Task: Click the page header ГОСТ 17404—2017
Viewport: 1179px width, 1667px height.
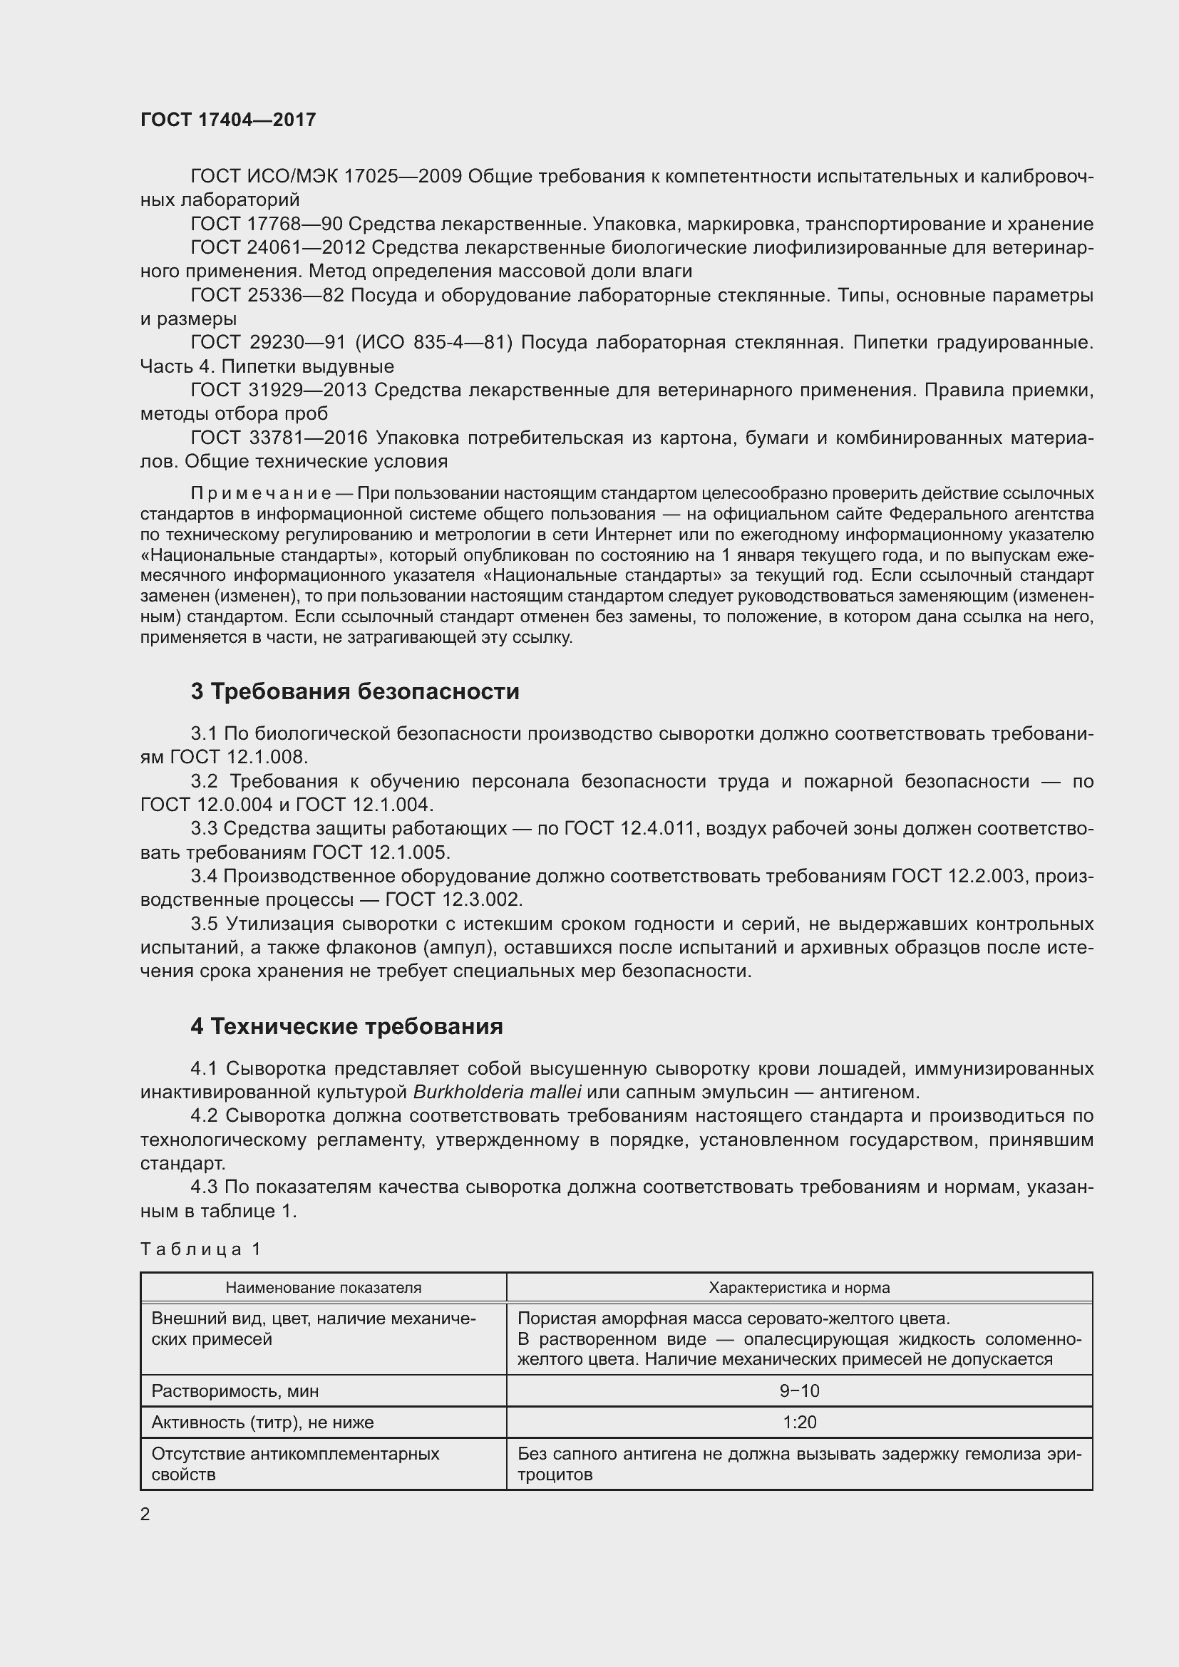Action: (228, 120)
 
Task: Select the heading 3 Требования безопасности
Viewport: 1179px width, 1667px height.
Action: (355, 691)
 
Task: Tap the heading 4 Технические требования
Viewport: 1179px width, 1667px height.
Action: (346, 1026)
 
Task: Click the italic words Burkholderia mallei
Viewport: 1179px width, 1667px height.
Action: (498, 1092)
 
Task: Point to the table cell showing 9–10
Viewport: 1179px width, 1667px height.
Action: (799, 1390)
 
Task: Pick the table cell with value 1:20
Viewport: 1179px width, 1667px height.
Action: (799, 1422)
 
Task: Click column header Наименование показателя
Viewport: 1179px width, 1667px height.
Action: (323, 1287)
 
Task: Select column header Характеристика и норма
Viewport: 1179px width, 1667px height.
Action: (799, 1287)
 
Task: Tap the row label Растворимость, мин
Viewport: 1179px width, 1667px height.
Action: (235, 1390)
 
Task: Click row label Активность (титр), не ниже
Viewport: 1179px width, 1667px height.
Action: (262, 1422)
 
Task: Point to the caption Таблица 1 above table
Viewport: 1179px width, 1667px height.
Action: (200, 1249)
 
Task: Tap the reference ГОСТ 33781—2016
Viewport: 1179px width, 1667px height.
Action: (279, 438)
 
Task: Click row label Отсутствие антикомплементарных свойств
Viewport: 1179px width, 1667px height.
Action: (295, 1464)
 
